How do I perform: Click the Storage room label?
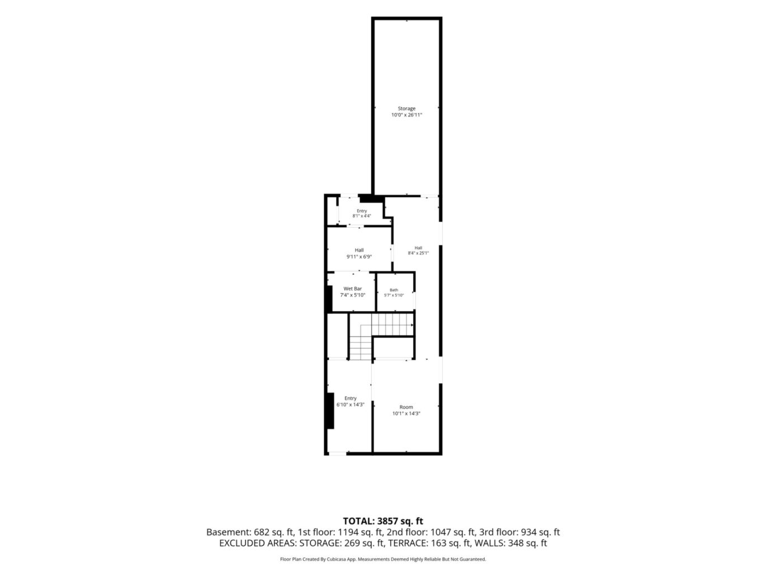click(406, 109)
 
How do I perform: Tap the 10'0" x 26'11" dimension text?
click(406, 115)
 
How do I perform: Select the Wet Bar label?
click(352, 289)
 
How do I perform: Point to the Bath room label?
click(394, 290)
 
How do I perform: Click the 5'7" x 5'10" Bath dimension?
click(394, 295)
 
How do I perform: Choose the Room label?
click(406, 407)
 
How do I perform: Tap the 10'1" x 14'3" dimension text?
click(406, 413)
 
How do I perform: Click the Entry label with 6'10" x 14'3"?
click(351, 398)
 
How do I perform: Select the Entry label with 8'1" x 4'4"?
click(362, 211)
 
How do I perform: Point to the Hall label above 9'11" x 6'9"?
click(359, 250)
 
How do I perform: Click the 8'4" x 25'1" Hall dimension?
click(418, 253)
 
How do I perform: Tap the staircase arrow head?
click(412, 325)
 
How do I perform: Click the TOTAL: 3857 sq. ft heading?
click(383, 521)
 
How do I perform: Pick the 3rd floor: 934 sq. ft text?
click(519, 532)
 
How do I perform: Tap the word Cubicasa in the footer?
click(337, 559)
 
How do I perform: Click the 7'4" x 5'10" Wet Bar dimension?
click(352, 295)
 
